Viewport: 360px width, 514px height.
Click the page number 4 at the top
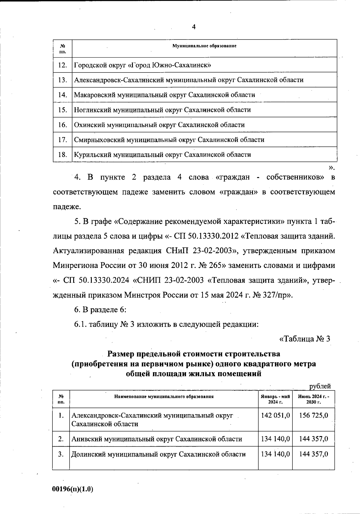coord(193,27)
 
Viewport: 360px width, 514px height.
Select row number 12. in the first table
coord(62,65)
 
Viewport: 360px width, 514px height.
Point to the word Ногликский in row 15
coord(92,110)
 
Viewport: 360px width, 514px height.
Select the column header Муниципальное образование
coord(204,46)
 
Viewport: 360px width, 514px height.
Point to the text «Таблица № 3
coord(304,339)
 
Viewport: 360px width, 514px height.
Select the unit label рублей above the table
coord(320,386)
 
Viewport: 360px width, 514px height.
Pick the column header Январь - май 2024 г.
coord(275,399)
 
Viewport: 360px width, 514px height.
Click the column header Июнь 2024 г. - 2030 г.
coord(313,399)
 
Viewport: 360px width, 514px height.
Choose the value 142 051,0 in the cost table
coord(275,415)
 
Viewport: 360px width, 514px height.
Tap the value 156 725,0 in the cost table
coord(313,415)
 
